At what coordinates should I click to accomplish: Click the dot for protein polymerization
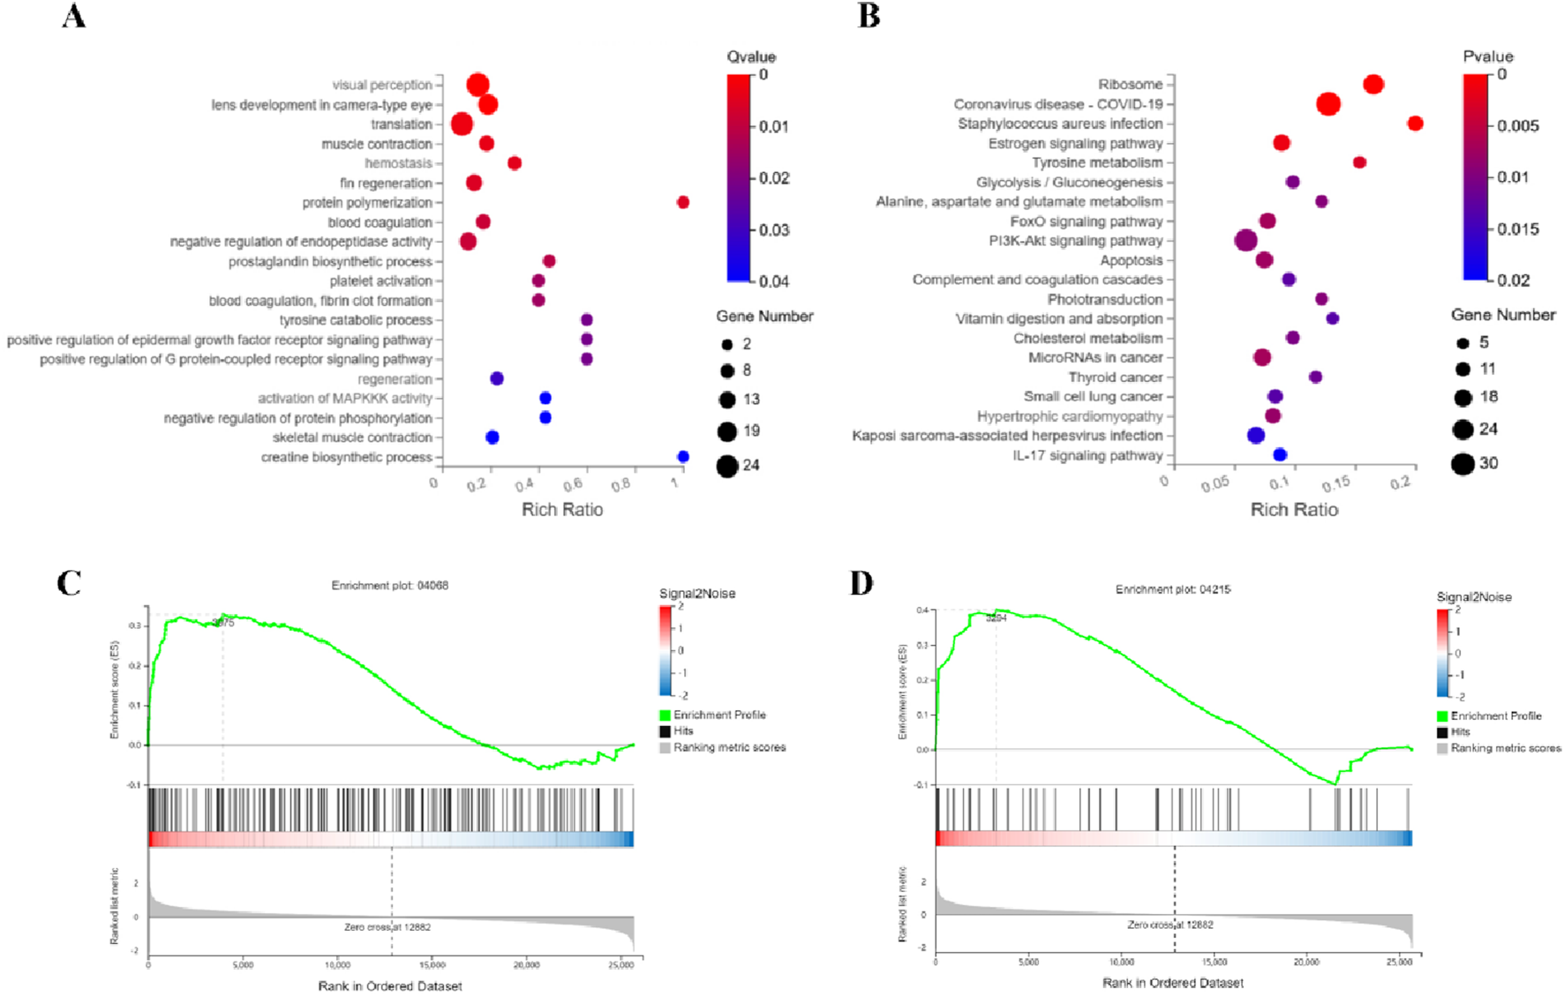pos(682,202)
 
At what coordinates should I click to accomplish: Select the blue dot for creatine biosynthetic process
pos(682,456)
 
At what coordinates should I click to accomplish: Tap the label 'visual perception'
pos(381,85)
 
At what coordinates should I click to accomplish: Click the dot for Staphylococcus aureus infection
pos(1415,123)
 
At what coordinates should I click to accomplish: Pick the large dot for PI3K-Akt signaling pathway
pos(1245,240)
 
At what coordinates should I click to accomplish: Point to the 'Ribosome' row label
pos(1130,84)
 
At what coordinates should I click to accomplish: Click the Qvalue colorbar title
pos(751,56)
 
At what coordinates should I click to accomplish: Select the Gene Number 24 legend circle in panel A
pos(727,466)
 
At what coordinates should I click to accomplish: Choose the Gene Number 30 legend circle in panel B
pos(1462,463)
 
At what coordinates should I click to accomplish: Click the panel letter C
pos(69,583)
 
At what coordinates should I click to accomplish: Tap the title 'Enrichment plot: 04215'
pos(1173,589)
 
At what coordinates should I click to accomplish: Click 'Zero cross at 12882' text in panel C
pos(387,927)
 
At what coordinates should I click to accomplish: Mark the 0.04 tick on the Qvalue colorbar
pos(773,281)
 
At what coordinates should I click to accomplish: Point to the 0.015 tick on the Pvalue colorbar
pos(1517,228)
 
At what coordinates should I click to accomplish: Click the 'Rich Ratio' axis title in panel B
pos(1294,509)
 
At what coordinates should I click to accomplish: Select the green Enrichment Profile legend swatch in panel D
pos(1442,716)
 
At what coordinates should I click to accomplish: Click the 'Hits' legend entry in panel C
pos(683,730)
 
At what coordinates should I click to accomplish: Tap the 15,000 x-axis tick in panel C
pos(432,965)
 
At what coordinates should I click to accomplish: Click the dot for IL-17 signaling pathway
pos(1280,454)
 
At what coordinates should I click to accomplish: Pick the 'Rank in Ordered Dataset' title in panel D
pos(1172,983)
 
